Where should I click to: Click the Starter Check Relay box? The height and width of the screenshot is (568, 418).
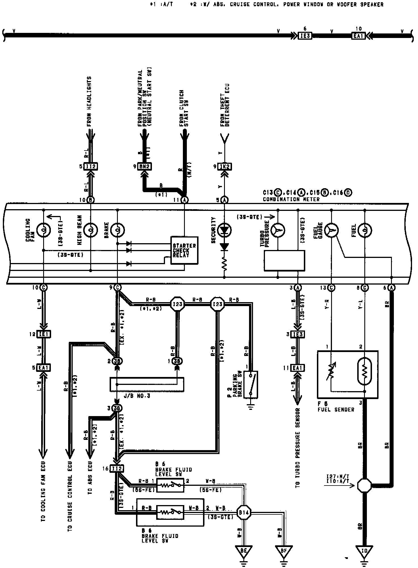pos(184,250)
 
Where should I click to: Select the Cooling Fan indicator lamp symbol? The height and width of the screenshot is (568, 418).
pos(44,230)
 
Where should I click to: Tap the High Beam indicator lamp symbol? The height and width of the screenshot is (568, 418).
pos(91,230)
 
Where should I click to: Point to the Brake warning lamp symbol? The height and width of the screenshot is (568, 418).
pos(117,230)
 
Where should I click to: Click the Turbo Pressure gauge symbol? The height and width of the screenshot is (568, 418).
pos(278,230)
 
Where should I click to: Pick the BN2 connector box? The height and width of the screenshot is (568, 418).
pos(145,166)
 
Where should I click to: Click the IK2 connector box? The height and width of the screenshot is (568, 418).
pos(225,166)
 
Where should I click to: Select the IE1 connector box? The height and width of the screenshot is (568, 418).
pos(44,334)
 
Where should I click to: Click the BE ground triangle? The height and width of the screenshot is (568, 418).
pos(243,550)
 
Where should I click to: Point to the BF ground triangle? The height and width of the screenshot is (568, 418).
pos(284,550)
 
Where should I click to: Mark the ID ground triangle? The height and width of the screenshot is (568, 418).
pos(364,550)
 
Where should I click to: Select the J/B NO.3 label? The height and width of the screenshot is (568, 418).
pos(137,396)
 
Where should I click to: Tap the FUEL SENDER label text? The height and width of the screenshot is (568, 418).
pos(336,410)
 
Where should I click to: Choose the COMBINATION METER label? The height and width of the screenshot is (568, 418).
pos(291,199)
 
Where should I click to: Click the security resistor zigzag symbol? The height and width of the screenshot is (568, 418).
pos(225,264)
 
